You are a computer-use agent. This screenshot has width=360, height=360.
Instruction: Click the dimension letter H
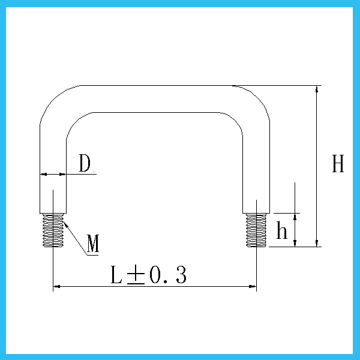[x=338, y=163]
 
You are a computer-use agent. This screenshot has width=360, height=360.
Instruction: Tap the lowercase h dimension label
[x=282, y=230]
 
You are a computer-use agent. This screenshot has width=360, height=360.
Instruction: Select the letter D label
[x=85, y=163]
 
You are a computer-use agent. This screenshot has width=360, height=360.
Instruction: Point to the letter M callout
[x=93, y=244]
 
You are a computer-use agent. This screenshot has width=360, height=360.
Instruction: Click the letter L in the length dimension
[x=116, y=275]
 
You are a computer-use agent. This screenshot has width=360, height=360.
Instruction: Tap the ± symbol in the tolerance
[x=136, y=275]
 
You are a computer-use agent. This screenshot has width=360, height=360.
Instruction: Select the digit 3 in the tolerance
[x=181, y=275]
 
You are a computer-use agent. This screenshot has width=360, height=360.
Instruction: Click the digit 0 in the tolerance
[x=155, y=275]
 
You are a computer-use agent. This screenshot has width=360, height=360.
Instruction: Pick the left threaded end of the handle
[x=53, y=230]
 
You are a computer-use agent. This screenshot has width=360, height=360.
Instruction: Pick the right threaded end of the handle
[x=256, y=230]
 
